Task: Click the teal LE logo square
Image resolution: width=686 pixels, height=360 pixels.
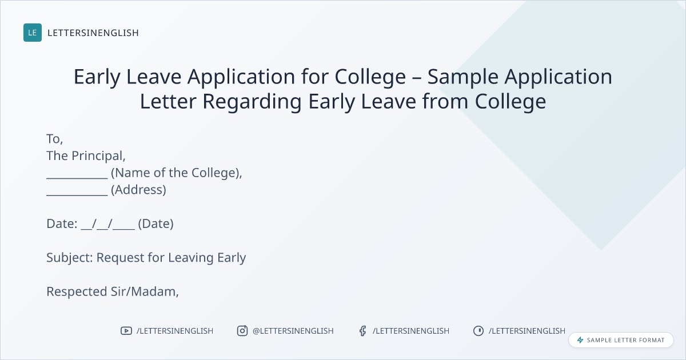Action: (x=33, y=33)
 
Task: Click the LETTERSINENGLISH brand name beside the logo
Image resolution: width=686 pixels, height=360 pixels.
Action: (x=93, y=33)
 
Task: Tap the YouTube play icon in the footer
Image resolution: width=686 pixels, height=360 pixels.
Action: (x=126, y=331)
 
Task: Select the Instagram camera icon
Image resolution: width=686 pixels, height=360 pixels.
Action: (x=242, y=331)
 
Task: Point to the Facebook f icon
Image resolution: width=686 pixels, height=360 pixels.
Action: (x=363, y=331)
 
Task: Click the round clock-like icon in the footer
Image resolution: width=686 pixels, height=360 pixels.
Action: (x=478, y=331)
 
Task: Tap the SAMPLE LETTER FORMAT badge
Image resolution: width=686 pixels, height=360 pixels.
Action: (x=621, y=340)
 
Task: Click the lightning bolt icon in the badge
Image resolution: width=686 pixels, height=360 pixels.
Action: (x=580, y=340)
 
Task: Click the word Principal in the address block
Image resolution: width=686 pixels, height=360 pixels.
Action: (x=98, y=156)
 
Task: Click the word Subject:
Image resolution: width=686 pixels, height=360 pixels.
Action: (x=70, y=258)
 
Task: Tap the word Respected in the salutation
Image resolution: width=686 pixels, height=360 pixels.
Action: (x=77, y=292)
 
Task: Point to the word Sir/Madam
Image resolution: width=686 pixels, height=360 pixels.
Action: (x=145, y=292)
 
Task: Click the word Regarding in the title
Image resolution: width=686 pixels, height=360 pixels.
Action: (x=252, y=102)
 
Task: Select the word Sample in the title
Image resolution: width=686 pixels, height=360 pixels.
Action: (x=462, y=77)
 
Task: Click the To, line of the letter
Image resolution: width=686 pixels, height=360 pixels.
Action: (x=55, y=139)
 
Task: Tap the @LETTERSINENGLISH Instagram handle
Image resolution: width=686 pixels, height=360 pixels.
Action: (x=293, y=331)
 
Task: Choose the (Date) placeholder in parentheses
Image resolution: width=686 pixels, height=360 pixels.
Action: (x=156, y=224)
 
